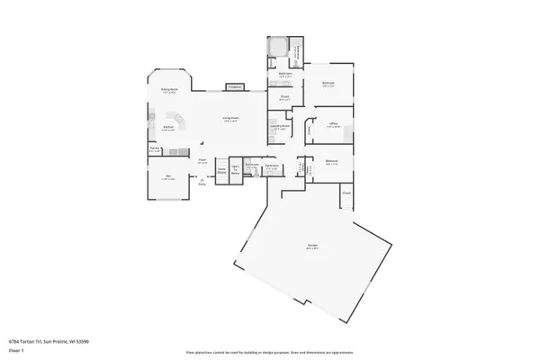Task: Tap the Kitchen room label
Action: pyautogui.click(x=168, y=128)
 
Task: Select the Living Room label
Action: pyautogui.click(x=231, y=119)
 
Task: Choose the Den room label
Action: pyautogui.click(x=168, y=177)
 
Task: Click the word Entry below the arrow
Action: pyautogui.click(x=202, y=184)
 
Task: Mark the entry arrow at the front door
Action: pyautogui.click(x=202, y=178)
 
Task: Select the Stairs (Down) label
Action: pyautogui.click(x=221, y=170)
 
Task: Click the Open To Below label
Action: pyautogui.click(x=236, y=170)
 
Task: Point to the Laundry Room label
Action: pyautogui.click(x=280, y=127)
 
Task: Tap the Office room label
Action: pyautogui.click(x=333, y=125)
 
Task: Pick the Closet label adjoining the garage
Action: pyautogui.click(x=346, y=193)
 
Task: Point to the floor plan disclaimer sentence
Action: pyautogui.click(x=270, y=353)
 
